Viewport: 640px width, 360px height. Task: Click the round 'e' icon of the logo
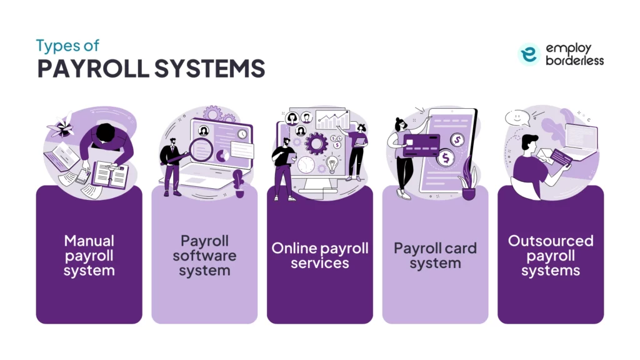[529, 54]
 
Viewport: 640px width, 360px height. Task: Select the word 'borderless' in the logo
[575, 61]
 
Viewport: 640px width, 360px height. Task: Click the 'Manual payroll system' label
[89, 256]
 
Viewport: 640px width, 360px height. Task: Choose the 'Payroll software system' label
[204, 256]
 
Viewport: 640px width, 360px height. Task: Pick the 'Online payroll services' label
[320, 256]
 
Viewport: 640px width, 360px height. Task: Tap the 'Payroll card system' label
[435, 256]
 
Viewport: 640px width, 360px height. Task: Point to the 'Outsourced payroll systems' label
[551, 256]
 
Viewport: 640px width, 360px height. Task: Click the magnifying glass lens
[201, 149]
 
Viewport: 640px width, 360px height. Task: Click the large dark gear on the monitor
[317, 143]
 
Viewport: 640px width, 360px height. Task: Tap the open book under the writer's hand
[110, 174]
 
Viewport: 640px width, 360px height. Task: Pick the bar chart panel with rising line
[332, 119]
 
